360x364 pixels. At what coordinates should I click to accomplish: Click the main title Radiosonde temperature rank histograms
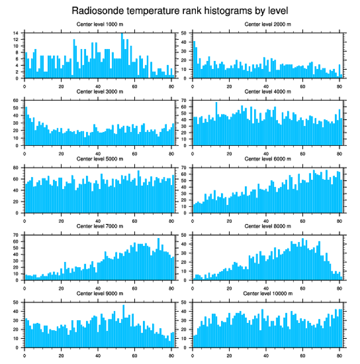180,10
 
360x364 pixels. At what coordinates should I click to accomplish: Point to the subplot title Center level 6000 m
267,159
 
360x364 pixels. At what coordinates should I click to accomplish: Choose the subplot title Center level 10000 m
267,293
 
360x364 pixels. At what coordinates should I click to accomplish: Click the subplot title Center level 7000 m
99,226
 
